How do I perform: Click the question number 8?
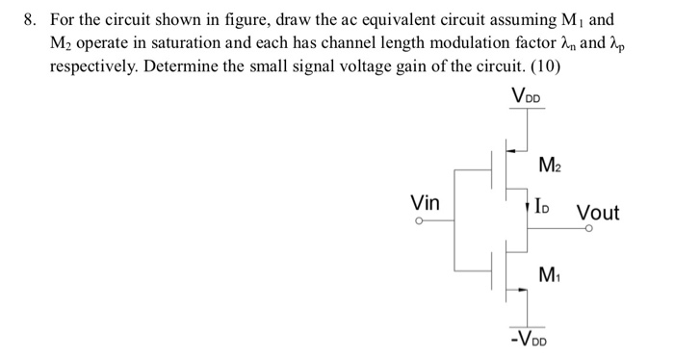28,19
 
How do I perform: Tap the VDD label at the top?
527,95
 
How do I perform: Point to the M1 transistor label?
550,274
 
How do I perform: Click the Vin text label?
425,203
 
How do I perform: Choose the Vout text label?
597,212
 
